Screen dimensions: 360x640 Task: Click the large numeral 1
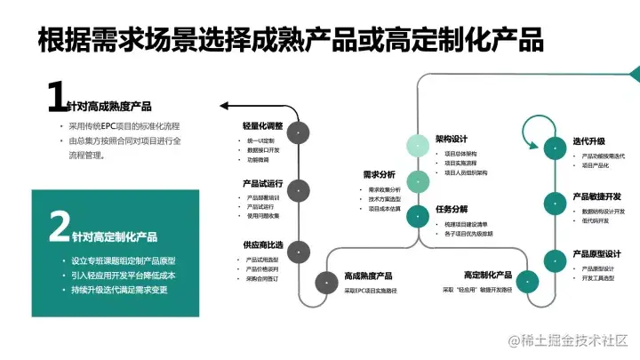click(x=57, y=97)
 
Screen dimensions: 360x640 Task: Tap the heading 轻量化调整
click(x=263, y=126)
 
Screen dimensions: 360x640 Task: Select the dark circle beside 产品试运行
click(x=300, y=188)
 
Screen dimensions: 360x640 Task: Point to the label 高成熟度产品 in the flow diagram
click(x=369, y=276)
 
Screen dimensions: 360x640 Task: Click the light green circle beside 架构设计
click(x=419, y=146)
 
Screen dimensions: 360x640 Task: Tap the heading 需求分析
click(x=380, y=175)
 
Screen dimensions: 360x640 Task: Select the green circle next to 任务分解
click(x=419, y=215)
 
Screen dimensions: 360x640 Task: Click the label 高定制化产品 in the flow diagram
click(x=488, y=276)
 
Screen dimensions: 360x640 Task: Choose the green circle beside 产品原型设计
click(x=553, y=260)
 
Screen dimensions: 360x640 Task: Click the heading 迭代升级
click(x=589, y=141)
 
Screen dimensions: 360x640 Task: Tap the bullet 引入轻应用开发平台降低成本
click(x=124, y=276)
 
